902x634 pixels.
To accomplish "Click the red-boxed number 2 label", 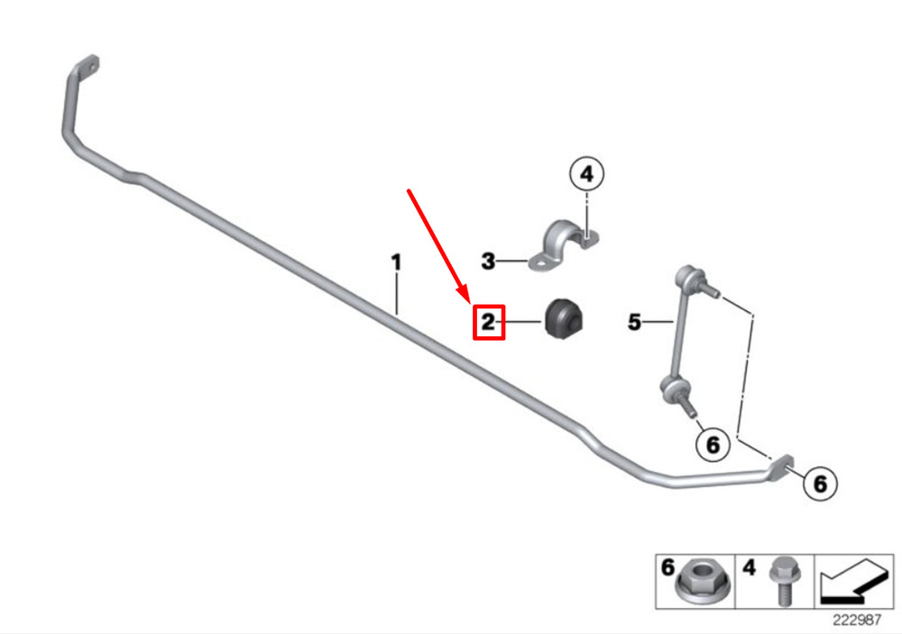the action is (x=488, y=322).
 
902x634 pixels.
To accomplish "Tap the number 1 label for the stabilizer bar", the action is (x=396, y=262).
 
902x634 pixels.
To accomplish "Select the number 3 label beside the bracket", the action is (x=488, y=262).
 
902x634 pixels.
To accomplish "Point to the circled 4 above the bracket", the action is (x=587, y=174).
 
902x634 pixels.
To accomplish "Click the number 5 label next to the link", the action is (x=634, y=322).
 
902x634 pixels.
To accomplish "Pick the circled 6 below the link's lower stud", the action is (x=713, y=445).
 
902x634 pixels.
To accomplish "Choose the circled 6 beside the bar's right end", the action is (x=820, y=483).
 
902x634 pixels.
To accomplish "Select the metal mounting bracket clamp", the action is (x=564, y=245).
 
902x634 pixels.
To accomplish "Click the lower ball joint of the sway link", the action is (x=674, y=390).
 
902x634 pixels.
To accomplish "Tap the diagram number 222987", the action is (x=857, y=620).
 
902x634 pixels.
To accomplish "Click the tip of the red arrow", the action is (x=469, y=301).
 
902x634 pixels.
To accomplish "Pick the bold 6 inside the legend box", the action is (x=667, y=567).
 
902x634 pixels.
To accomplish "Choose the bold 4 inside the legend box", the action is (x=749, y=567).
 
